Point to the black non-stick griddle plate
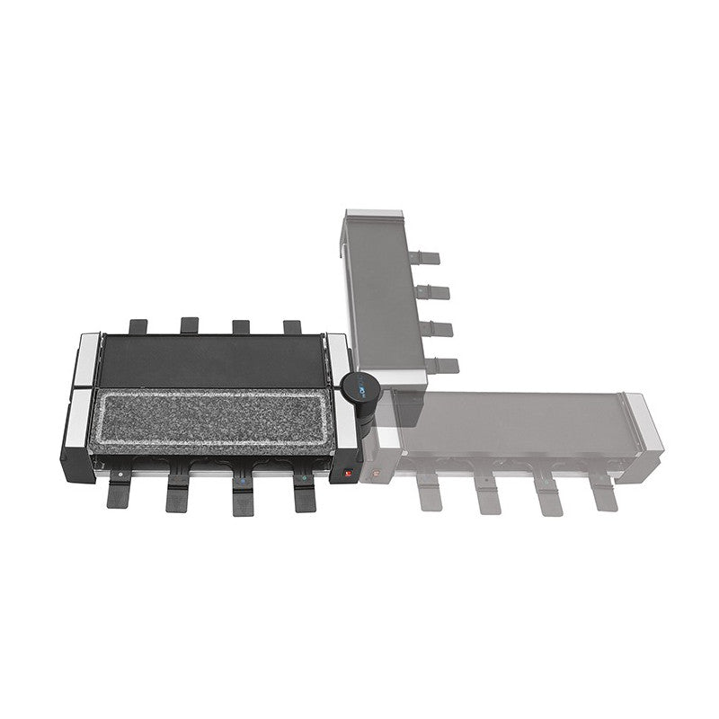210,360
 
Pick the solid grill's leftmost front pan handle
120,492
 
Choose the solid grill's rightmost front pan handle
304,493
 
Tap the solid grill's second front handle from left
179,493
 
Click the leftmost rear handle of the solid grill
138,326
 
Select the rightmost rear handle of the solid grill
293,327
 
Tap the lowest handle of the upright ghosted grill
441,366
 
